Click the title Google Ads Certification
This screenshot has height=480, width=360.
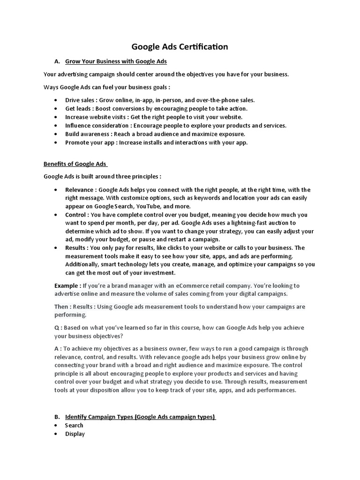[180, 46]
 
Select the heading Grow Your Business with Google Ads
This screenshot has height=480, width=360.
[116, 61]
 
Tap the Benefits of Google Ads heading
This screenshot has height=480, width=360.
[75, 164]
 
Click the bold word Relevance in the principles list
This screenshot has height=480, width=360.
[80, 190]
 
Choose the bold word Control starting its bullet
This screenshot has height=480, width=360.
[76, 215]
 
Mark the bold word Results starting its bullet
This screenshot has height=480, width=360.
[75, 248]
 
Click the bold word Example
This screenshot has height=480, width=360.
[67, 285]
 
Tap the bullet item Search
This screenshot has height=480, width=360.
[74, 425]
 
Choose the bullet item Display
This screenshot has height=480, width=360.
[75, 434]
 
